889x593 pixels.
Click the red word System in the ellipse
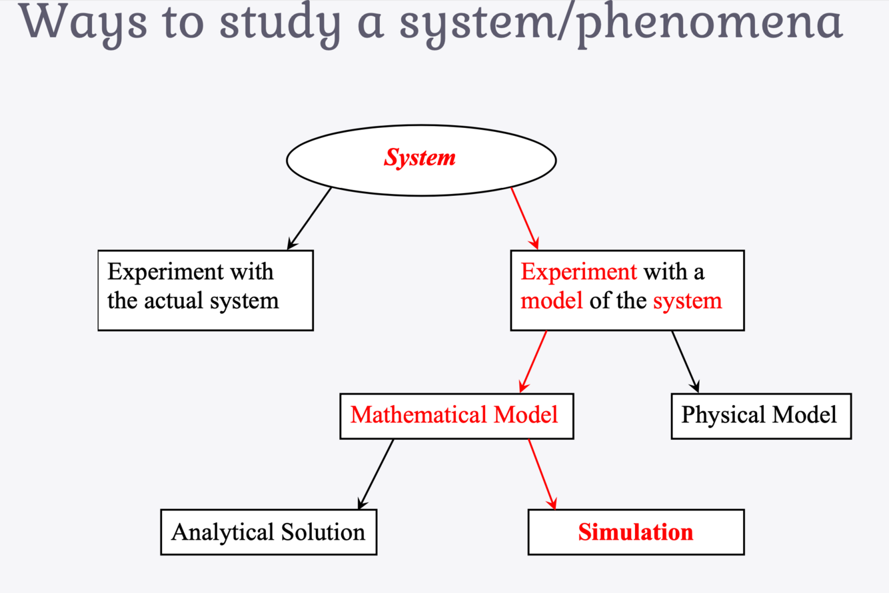420,158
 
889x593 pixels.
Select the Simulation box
636,532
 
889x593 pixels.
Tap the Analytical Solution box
269,532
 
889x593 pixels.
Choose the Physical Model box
760,416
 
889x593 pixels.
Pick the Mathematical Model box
456,416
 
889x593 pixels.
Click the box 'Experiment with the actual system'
205,290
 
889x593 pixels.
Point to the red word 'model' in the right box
551,300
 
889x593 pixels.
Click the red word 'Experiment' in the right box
578,272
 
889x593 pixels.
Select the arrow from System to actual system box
310,218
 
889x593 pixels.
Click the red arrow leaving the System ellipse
524,217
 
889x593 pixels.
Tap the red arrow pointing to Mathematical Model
533,362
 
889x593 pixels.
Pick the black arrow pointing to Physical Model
685,361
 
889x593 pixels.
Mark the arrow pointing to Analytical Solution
377,474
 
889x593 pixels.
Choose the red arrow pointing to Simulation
542,474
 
